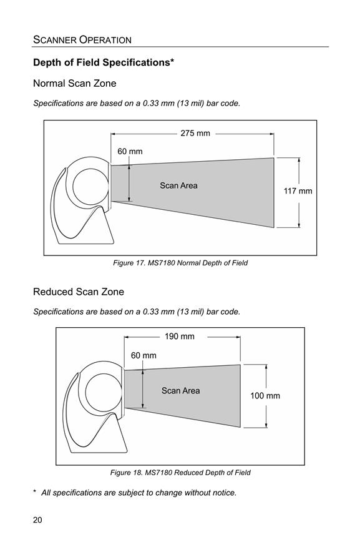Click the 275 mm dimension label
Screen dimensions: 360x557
(195, 133)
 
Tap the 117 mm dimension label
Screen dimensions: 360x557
(298, 191)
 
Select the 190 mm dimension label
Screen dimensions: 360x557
(179, 337)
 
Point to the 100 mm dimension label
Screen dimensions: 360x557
(265, 396)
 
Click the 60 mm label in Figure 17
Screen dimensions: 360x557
(130, 151)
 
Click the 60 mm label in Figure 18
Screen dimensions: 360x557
(144, 355)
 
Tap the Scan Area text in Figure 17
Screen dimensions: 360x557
(178, 185)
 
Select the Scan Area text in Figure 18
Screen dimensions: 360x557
(181, 391)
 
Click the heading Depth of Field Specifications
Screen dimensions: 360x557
(104, 62)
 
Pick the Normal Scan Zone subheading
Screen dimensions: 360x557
(74, 84)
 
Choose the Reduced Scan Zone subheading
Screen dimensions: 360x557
(79, 292)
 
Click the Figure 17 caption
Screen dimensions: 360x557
(180, 264)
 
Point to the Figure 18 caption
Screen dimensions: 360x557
(180, 473)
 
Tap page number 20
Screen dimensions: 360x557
(37, 520)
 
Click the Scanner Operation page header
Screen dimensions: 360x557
(82, 39)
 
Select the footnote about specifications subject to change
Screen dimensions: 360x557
(135, 493)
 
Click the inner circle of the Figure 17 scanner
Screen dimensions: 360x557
(73, 187)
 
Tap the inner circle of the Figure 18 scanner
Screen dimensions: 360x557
(85, 391)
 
